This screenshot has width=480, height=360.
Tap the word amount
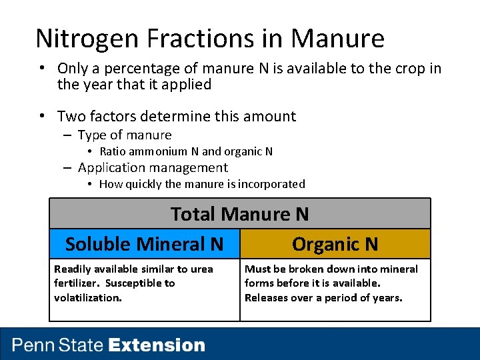(269, 116)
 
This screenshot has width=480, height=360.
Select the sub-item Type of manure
(124, 135)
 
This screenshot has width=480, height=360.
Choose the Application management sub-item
(153, 168)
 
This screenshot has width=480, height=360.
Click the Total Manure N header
(239, 214)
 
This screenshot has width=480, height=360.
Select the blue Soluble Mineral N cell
(144, 244)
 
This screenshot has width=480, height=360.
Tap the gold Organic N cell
(335, 244)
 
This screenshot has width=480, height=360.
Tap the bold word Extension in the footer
(157, 345)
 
